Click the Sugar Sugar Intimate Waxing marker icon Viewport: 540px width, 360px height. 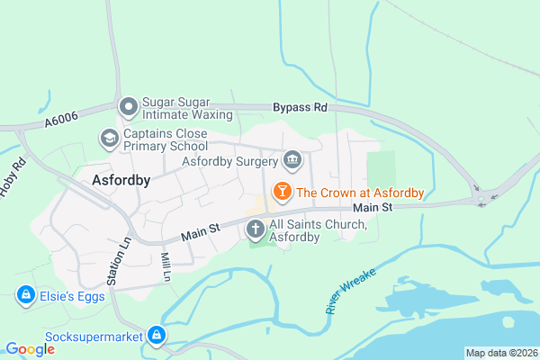(129, 107)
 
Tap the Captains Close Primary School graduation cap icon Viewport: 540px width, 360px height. (109, 138)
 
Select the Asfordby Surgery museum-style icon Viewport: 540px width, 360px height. (292, 161)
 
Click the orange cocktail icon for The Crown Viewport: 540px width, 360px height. (282, 191)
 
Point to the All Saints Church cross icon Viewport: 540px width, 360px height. (256, 229)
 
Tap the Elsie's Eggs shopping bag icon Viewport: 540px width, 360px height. (26, 295)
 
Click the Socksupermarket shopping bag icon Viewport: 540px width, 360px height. (157, 336)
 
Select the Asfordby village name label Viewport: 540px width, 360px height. (121, 179)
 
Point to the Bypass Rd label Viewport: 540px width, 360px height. (300, 108)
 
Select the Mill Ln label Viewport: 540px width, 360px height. (166, 267)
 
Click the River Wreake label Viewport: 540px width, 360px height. (346, 290)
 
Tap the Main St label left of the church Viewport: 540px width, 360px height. (201, 233)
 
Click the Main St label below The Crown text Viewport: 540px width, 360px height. (373, 208)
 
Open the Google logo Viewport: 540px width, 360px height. (30, 349)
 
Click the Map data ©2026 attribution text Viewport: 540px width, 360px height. (500, 353)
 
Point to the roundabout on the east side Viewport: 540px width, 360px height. (481, 197)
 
